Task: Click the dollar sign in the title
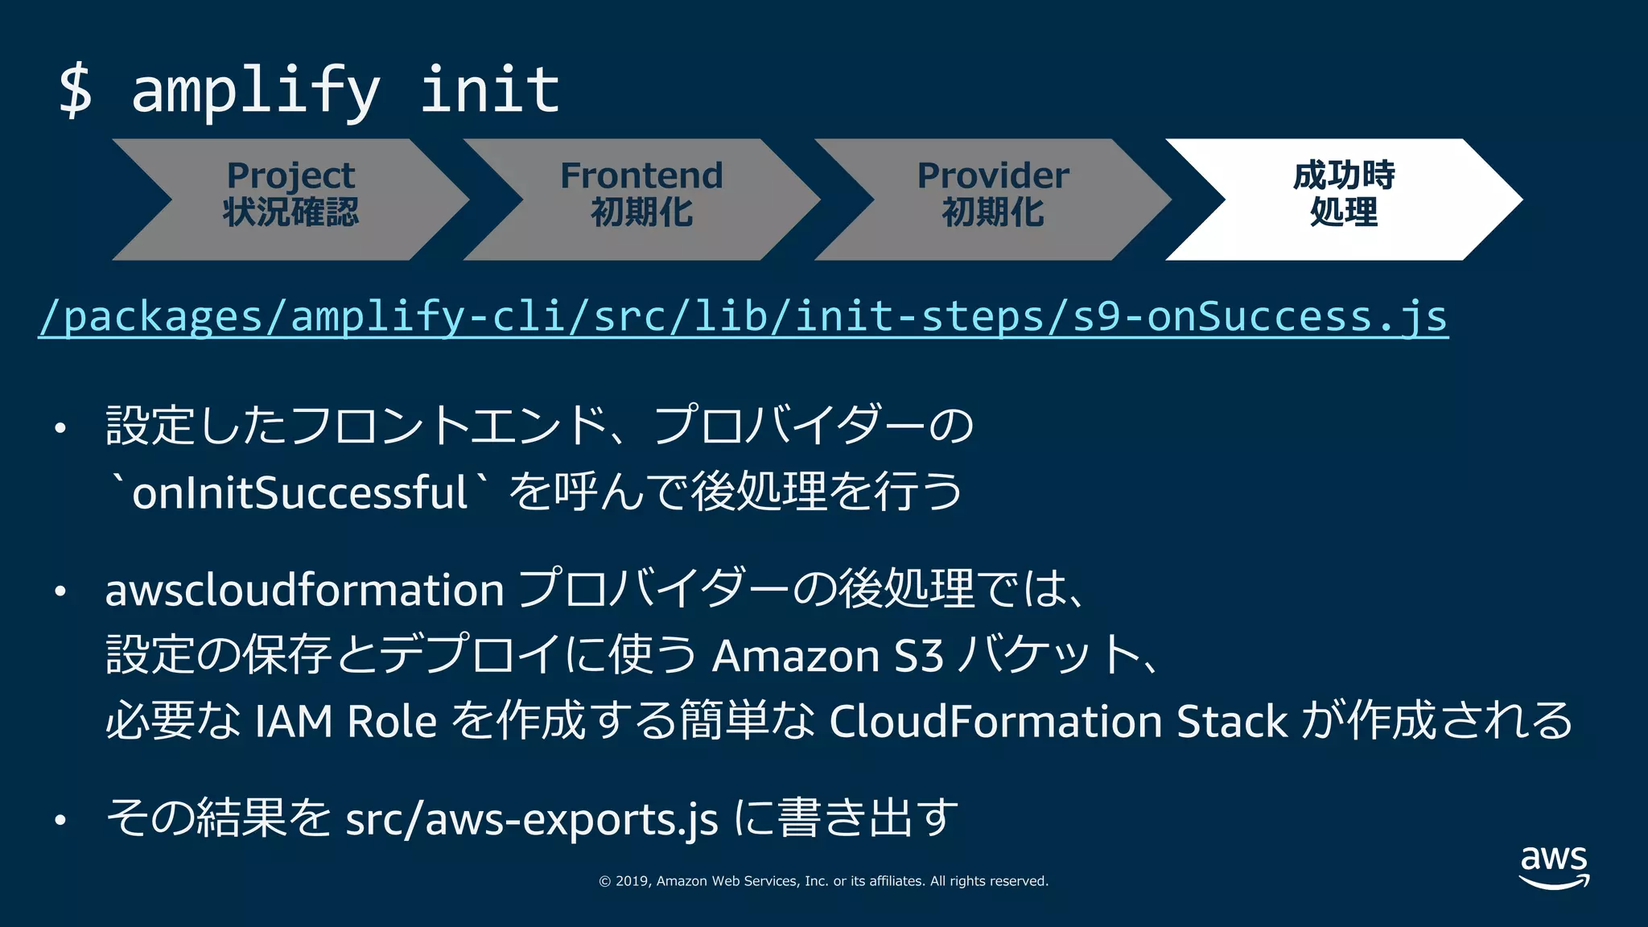coord(76,90)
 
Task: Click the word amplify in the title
coord(255,90)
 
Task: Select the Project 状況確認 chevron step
coord(290,199)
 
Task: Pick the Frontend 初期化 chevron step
coord(641,199)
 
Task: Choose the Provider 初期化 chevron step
coord(993,199)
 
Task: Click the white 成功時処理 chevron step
coord(1343,199)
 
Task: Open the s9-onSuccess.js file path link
coord(743,316)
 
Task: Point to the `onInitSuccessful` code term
coord(299,492)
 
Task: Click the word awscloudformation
coord(304,590)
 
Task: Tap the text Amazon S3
coord(827,656)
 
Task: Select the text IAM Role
coord(345,721)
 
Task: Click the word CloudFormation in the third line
coord(995,721)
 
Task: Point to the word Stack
coord(1231,721)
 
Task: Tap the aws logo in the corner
coord(1554,866)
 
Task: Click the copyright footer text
coord(823,881)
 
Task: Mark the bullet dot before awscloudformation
coord(60,592)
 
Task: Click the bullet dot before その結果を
coord(60,821)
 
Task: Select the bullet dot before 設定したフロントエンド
coord(60,428)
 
